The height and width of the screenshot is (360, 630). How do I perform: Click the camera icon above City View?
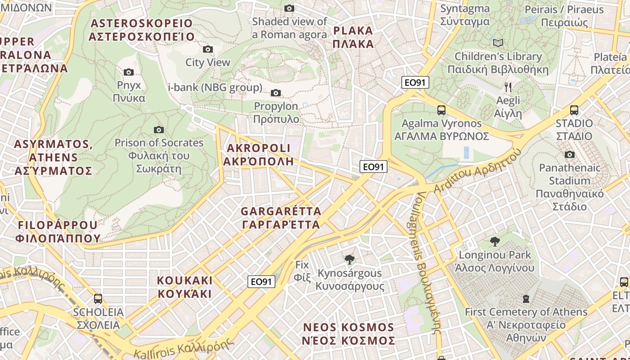[x=207, y=49]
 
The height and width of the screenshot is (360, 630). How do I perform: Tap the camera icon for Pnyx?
[x=129, y=72]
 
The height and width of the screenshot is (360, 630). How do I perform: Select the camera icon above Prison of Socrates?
[x=159, y=130]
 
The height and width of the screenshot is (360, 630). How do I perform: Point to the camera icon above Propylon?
[x=276, y=93]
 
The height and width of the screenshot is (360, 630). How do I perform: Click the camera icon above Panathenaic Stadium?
[x=570, y=155]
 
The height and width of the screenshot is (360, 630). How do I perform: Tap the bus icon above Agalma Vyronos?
[x=441, y=110]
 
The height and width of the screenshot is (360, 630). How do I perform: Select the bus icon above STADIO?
[x=574, y=110]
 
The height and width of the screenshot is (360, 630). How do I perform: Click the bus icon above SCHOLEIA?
[x=98, y=299]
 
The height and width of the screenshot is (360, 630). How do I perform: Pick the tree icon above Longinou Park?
[x=495, y=242]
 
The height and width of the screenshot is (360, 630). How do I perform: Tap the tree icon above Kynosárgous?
[x=349, y=260]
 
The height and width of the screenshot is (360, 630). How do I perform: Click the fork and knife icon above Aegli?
[x=508, y=87]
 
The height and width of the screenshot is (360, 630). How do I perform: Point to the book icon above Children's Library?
[x=498, y=43]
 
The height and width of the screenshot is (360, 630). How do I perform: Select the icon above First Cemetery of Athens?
[x=526, y=299]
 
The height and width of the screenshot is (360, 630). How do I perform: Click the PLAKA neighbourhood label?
[x=354, y=37]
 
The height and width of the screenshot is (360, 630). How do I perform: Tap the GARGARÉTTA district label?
[x=281, y=218]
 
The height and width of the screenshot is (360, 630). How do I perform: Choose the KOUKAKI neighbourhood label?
[x=184, y=287]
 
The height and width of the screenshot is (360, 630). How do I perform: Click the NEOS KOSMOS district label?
[x=349, y=334]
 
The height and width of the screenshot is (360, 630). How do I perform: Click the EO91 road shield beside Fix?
[x=261, y=282]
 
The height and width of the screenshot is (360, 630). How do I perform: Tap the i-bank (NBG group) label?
[x=215, y=87]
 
